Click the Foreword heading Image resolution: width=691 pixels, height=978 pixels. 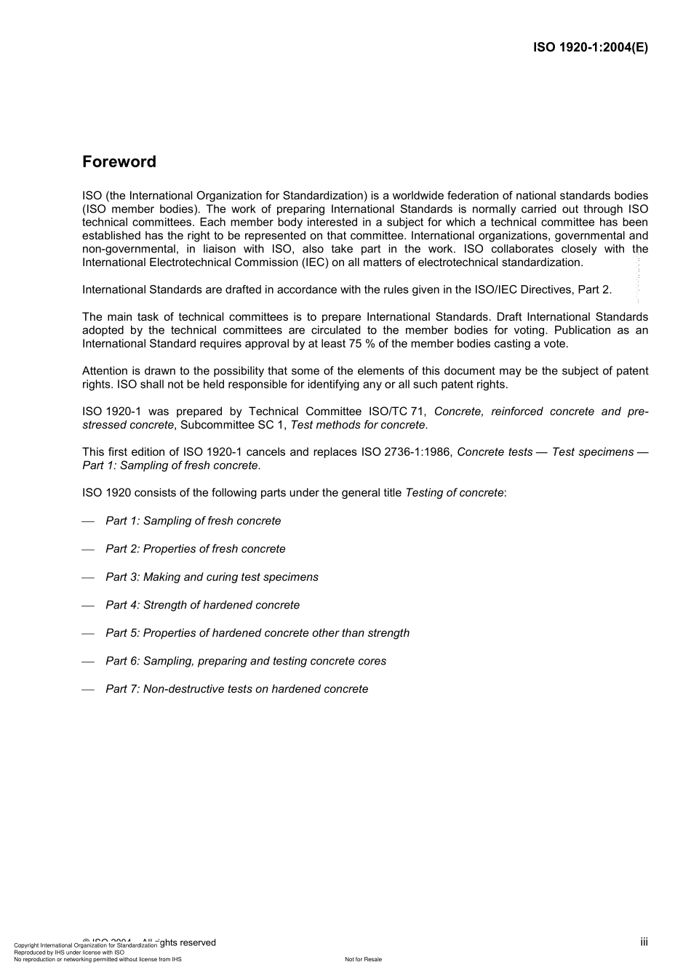click(x=119, y=162)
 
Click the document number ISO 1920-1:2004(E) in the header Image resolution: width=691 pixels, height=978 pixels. click(x=590, y=48)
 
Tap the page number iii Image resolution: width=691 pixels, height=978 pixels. click(x=644, y=942)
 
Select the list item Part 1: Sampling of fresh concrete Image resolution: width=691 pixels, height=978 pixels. click(x=193, y=521)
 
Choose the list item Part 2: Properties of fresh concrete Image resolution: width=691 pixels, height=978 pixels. click(x=195, y=549)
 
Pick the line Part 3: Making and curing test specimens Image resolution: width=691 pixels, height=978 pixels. click(x=212, y=577)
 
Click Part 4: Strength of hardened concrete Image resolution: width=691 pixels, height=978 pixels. click(x=202, y=605)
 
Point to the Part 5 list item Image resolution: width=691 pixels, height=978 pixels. click(x=257, y=633)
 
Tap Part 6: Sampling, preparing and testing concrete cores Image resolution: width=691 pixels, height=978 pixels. click(x=245, y=661)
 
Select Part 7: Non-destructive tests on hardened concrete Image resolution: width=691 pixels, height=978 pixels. click(x=236, y=689)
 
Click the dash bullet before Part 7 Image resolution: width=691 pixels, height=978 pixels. click(x=88, y=689)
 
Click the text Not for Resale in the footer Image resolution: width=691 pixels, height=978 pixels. click(x=363, y=959)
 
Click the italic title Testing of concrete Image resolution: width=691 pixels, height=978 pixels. click(x=454, y=492)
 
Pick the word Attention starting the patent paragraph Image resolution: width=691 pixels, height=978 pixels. click(x=105, y=371)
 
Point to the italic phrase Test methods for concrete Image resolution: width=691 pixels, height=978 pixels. click(x=358, y=425)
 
